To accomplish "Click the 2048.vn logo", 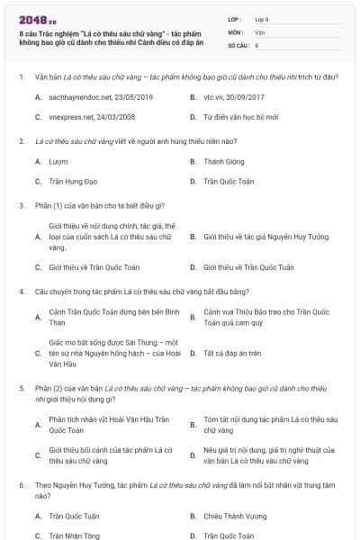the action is click(31, 18).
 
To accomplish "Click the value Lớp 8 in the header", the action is click(262, 18).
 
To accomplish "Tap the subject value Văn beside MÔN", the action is click(260, 31).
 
